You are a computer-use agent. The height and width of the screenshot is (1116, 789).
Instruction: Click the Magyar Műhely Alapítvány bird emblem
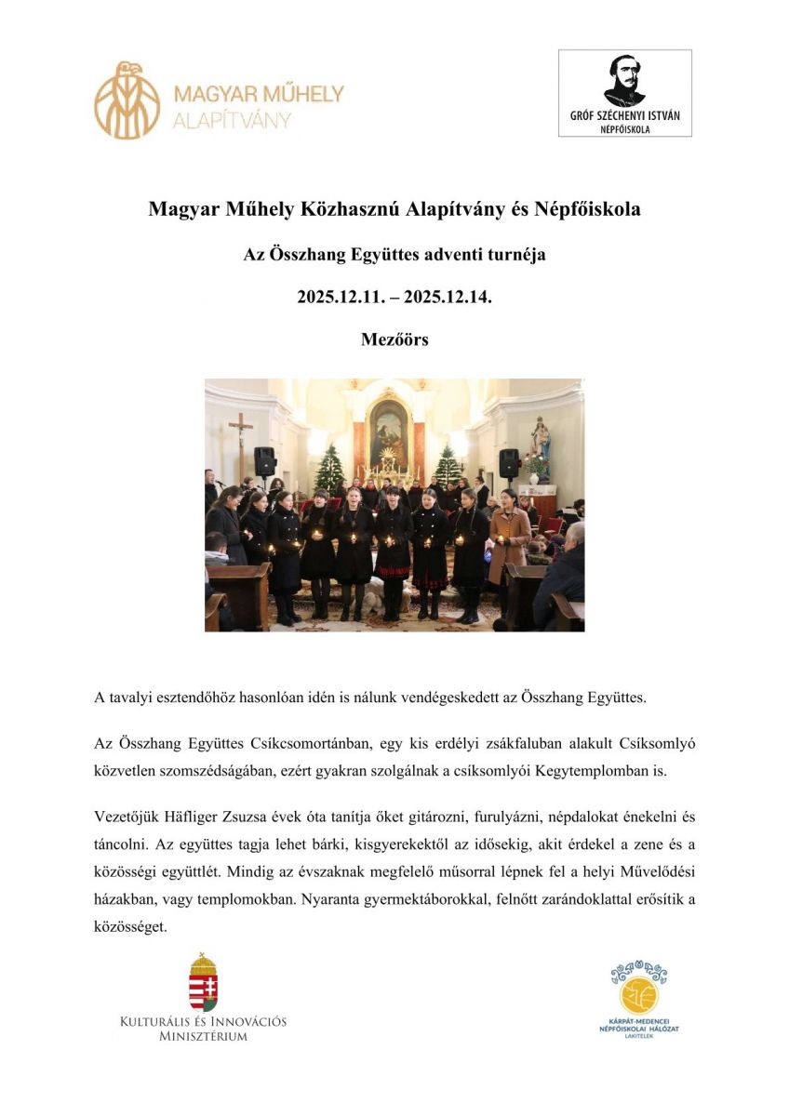[127, 100]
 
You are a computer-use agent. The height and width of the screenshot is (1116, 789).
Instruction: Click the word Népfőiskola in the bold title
[589, 209]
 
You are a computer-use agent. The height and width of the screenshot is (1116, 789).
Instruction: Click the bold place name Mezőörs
[394, 339]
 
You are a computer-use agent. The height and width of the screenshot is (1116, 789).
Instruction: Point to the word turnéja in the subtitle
[517, 254]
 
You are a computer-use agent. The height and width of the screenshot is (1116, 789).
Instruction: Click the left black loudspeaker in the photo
[265, 461]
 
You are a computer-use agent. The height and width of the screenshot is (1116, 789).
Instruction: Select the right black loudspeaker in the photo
[509, 462]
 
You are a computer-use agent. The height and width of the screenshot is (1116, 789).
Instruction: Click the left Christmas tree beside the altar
[328, 467]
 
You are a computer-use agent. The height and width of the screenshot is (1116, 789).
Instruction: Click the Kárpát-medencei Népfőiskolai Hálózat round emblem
[638, 991]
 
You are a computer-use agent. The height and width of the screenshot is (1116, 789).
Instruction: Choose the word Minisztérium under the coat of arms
[204, 1036]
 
